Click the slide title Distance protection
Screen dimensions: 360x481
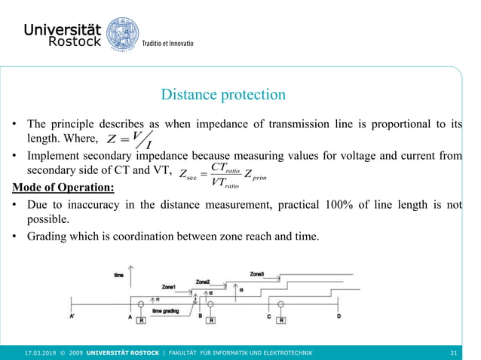223,95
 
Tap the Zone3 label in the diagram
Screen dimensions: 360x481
257,273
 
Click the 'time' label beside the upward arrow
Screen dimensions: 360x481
119,276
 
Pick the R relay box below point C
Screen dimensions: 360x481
280,320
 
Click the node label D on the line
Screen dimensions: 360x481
338,316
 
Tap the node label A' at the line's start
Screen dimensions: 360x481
73,318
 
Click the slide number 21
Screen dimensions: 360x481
453,352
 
